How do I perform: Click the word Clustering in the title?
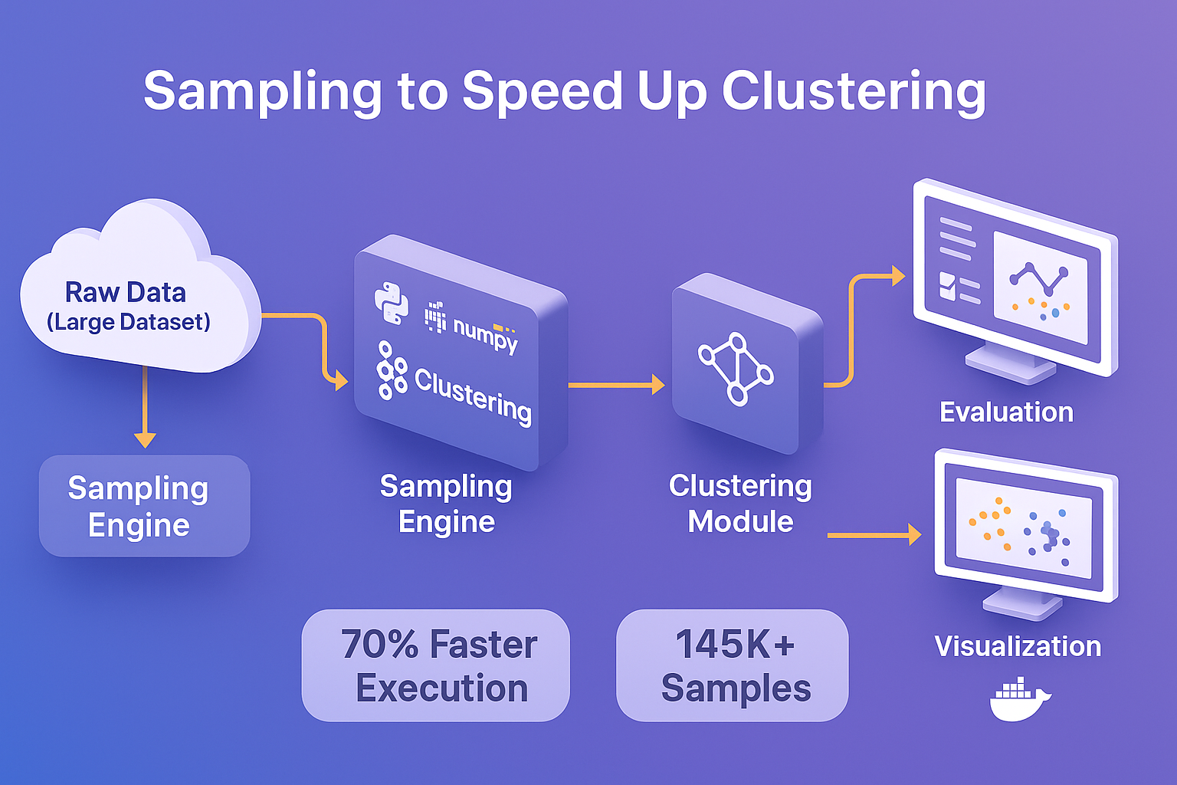coord(853,91)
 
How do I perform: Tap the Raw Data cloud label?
coord(126,305)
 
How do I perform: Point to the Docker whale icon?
coord(1019,699)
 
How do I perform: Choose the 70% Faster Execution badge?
coord(436,665)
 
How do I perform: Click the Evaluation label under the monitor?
coord(1006,412)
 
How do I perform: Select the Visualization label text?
coord(1018,646)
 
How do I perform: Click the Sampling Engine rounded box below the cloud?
coord(144,506)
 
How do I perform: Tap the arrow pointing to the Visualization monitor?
coord(874,535)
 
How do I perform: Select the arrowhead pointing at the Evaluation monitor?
coord(897,276)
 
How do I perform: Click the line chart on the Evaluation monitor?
coord(1039,279)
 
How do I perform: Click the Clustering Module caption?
coord(740,503)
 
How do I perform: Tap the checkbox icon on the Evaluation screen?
coord(947,286)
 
